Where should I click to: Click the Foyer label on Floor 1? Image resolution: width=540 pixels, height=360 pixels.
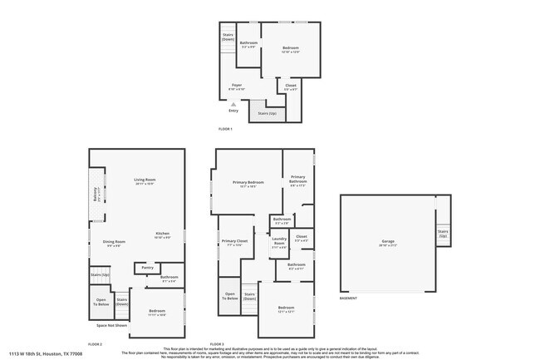(x=237, y=84)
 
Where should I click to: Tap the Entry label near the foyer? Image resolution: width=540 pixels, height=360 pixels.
(x=233, y=110)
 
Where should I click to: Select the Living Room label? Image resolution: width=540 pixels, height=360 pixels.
(x=145, y=180)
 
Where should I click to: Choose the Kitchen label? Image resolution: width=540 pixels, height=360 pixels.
(x=163, y=234)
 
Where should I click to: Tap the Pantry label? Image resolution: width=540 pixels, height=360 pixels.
(x=147, y=268)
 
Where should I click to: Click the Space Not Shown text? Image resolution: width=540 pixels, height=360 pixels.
(x=111, y=325)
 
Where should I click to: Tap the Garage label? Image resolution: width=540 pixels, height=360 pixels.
(x=389, y=241)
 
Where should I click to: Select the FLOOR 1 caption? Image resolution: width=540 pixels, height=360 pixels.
(x=225, y=129)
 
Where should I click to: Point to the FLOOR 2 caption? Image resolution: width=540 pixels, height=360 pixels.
(x=96, y=343)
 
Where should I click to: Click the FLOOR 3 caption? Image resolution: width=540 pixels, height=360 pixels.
(x=218, y=343)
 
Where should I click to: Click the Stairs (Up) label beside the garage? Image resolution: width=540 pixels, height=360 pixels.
(x=443, y=234)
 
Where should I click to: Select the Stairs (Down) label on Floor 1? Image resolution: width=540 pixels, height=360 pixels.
(x=228, y=37)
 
